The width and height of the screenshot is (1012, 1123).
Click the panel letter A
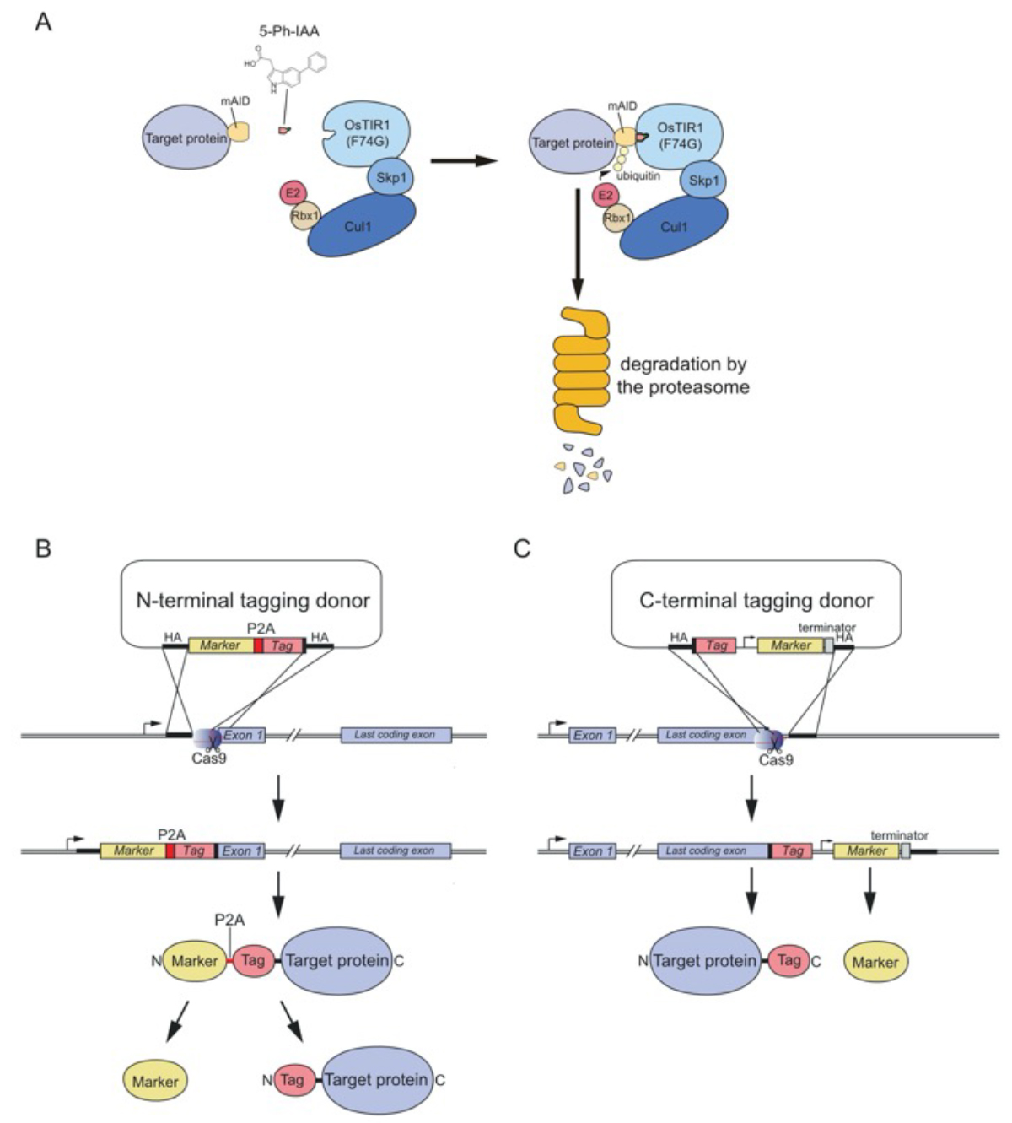click(43, 21)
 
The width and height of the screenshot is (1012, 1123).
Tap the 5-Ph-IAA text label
click(289, 31)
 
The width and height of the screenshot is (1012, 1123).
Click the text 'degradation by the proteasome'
click(683, 375)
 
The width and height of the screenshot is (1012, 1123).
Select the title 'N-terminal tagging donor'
click(253, 601)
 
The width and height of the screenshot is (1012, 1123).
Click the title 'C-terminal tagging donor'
click(756, 601)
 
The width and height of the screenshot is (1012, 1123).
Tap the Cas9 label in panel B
click(209, 758)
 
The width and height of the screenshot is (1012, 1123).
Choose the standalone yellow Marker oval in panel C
click(875, 962)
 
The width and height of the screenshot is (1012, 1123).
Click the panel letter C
click(522, 549)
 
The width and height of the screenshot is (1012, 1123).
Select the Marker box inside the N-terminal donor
click(220, 645)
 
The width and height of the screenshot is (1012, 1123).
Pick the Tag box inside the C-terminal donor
click(716, 645)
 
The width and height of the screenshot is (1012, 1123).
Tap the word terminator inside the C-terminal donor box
click(826, 628)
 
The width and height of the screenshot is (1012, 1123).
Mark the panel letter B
click(43, 549)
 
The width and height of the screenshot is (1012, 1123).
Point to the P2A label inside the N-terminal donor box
click(260, 629)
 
